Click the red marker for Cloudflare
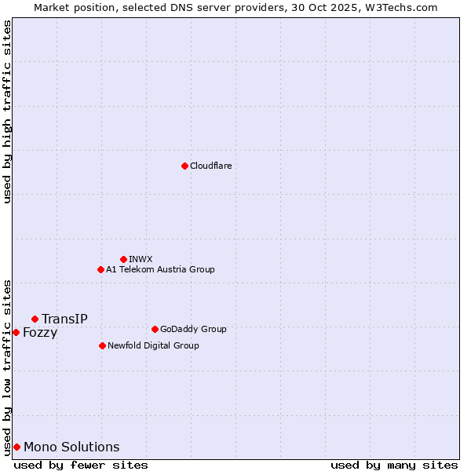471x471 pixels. (184, 166)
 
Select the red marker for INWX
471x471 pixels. (123, 259)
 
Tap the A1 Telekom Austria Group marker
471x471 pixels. (100, 269)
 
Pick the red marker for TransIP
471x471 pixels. (35, 319)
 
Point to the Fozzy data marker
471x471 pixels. (16, 332)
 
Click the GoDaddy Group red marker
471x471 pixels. (155, 329)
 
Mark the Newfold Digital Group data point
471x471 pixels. (102, 345)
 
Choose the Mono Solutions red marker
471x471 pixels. (16, 447)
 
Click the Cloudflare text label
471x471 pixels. (211, 166)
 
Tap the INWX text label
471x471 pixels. (141, 259)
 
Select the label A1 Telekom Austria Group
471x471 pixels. (160, 269)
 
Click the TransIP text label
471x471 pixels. (64, 319)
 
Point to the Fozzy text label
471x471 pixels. (40, 332)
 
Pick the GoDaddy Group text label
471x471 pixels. (193, 329)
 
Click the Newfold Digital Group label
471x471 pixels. (153, 345)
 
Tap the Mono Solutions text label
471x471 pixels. (71, 447)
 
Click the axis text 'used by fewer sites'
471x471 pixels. (81, 465)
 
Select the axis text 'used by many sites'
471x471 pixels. (394, 465)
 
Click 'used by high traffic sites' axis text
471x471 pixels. (7, 111)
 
